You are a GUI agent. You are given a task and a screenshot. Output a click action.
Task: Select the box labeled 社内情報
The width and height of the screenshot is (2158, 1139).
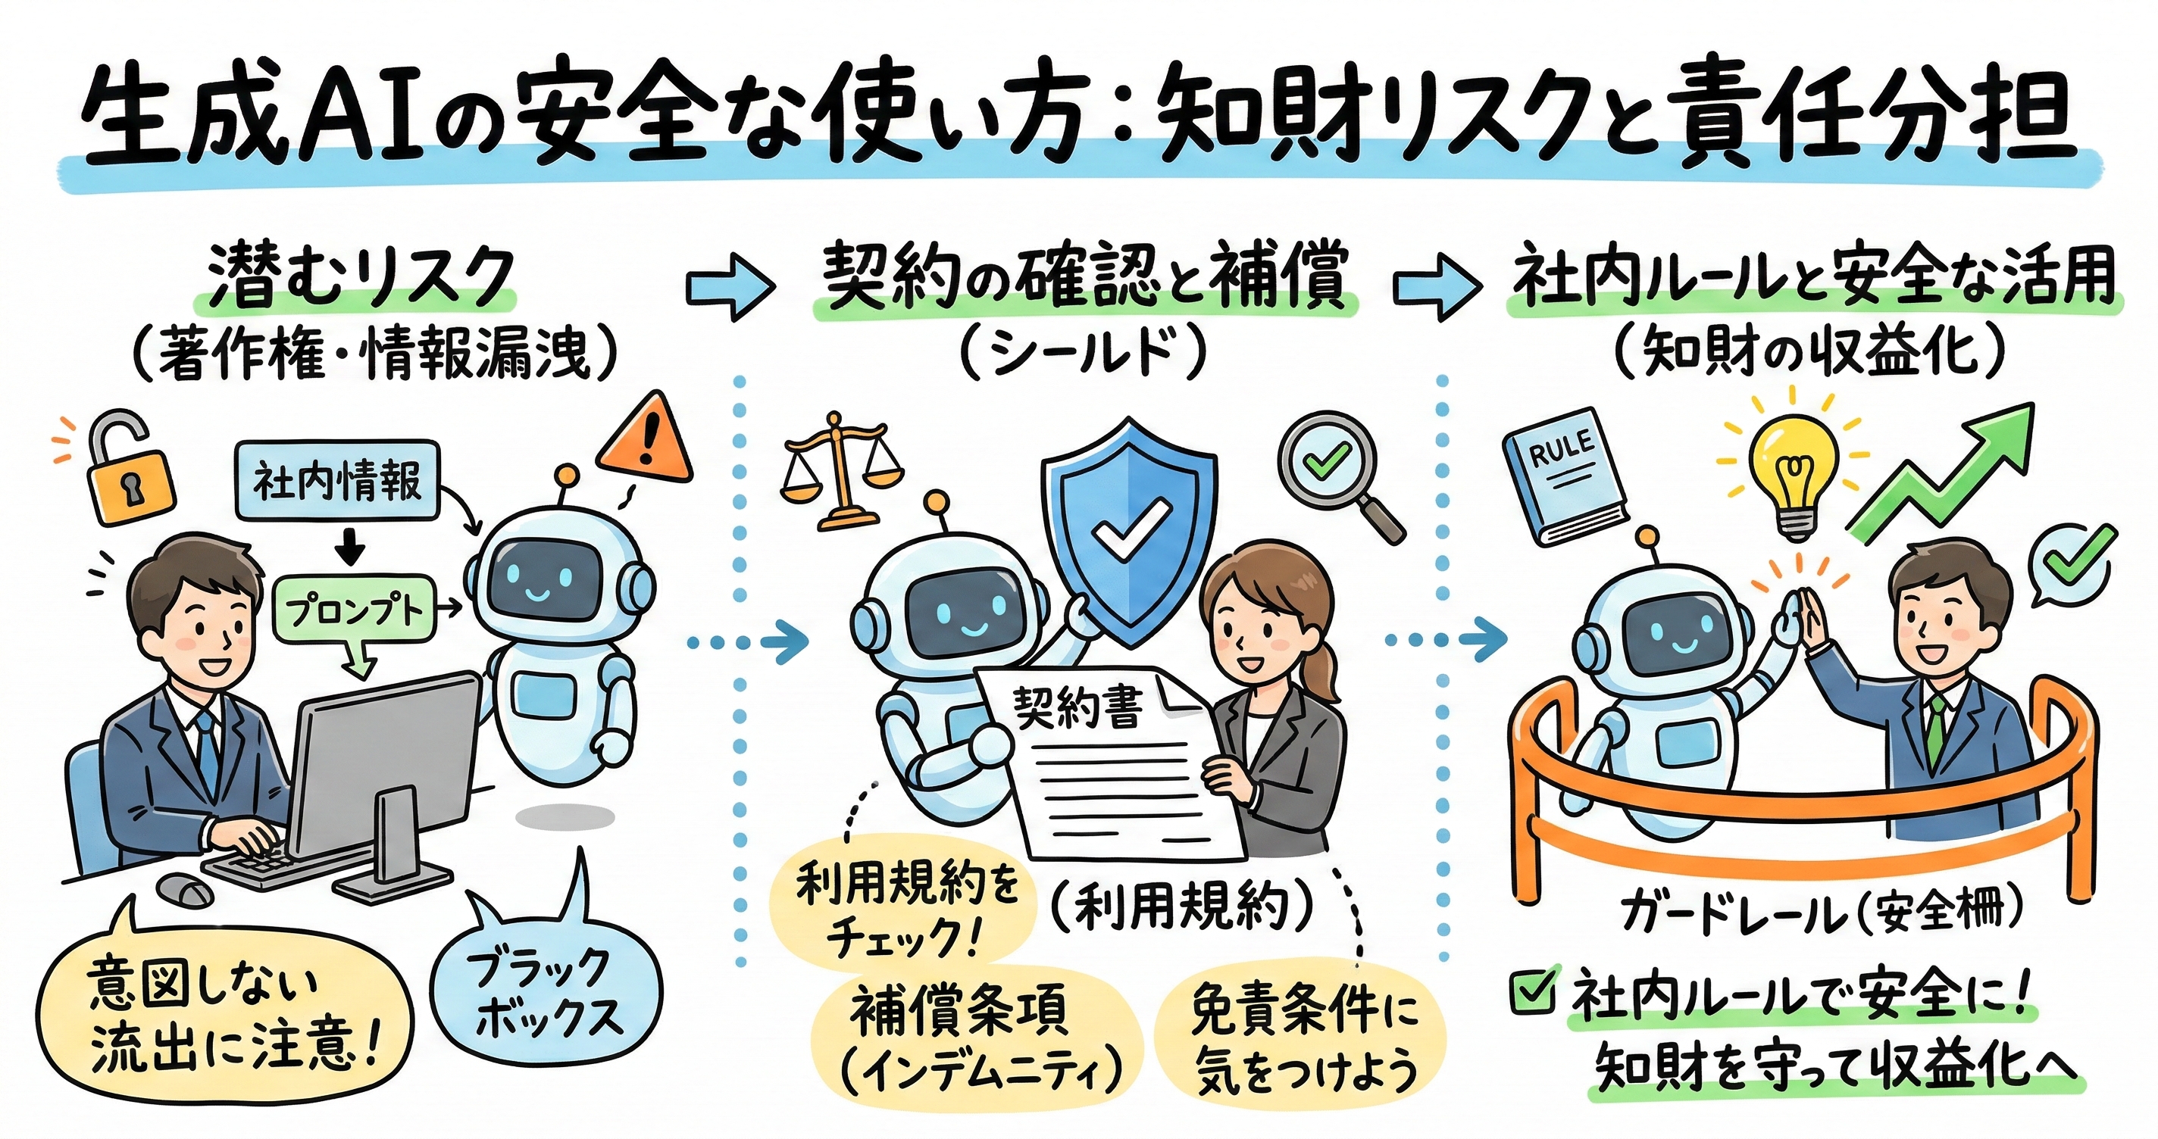coord(338,481)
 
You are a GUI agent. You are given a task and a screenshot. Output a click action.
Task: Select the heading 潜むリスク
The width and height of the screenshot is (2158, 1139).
coord(360,276)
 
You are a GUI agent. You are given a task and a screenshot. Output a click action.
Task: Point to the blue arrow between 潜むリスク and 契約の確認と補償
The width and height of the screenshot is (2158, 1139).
coord(728,286)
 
